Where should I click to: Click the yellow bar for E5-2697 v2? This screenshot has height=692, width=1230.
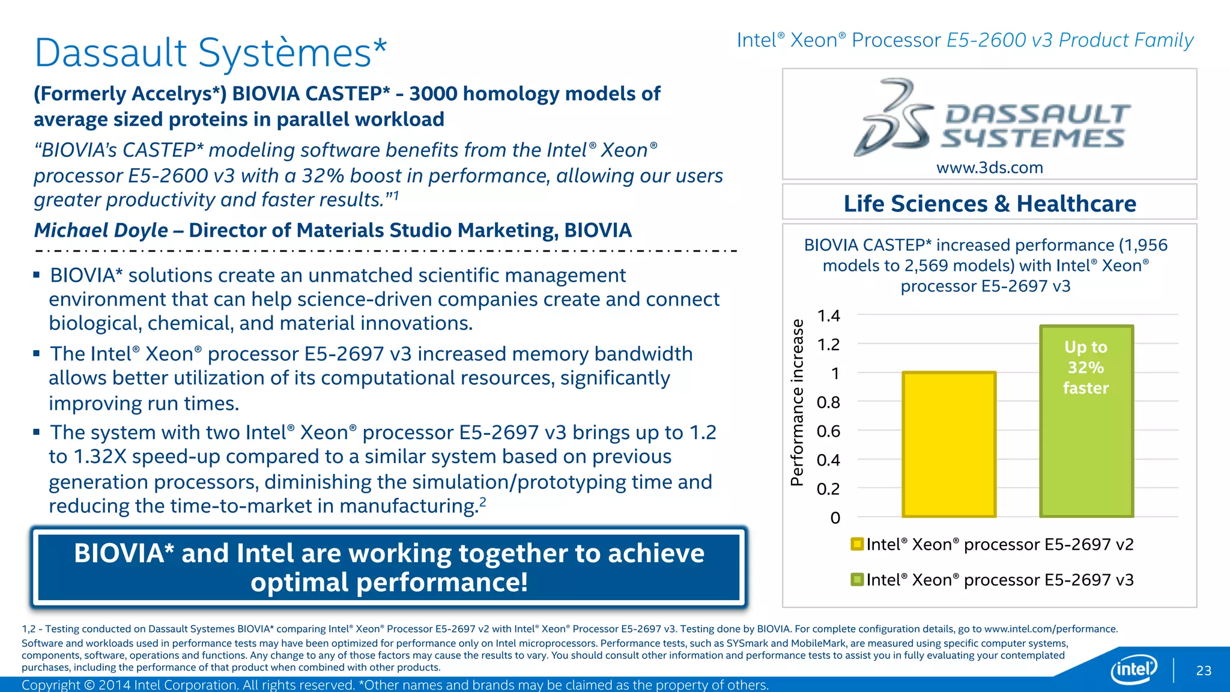[949, 445]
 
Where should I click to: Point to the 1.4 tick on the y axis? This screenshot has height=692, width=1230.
[829, 316]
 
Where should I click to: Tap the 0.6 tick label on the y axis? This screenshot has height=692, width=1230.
[828, 431]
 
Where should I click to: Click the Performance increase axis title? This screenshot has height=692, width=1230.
[797, 402]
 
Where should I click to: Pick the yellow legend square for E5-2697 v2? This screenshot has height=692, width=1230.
[857, 544]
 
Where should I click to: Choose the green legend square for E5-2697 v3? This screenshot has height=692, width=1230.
[857, 580]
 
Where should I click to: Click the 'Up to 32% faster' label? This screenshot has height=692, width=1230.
[1086, 368]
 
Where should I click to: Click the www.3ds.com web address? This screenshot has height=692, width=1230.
[990, 168]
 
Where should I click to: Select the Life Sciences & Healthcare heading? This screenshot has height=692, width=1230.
[990, 204]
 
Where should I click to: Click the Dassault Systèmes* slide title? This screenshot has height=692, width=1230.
[211, 53]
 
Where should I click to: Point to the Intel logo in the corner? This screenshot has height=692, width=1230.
[1134, 669]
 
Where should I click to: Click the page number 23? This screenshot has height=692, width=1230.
[1204, 670]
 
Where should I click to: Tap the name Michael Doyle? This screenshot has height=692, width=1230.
[101, 230]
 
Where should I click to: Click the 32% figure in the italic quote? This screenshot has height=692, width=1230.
[323, 176]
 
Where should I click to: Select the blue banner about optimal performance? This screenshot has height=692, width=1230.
[389, 568]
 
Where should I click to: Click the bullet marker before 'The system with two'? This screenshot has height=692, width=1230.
[37, 432]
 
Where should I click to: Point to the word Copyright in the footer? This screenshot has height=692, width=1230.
[50, 685]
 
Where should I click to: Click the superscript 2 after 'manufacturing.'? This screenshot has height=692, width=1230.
[483, 502]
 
